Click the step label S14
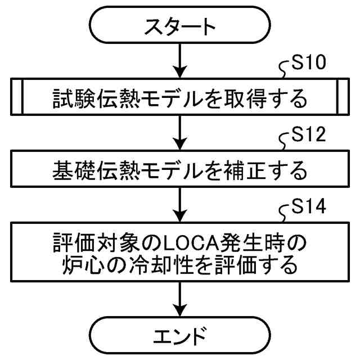point(308,210)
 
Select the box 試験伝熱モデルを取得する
point(179,99)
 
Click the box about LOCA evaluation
point(179,253)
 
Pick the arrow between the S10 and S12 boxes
point(179,130)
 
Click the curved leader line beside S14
point(285,215)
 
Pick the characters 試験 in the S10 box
point(70,99)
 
